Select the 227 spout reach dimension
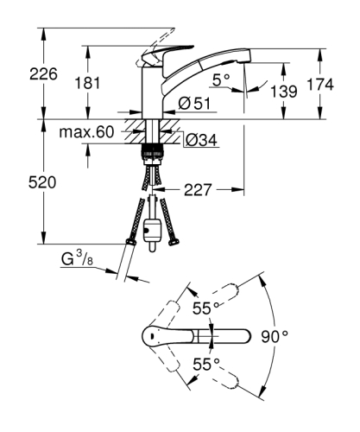click(198, 187)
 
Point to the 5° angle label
click(223, 79)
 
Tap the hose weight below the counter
click(155, 232)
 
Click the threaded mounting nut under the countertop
click(154, 154)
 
